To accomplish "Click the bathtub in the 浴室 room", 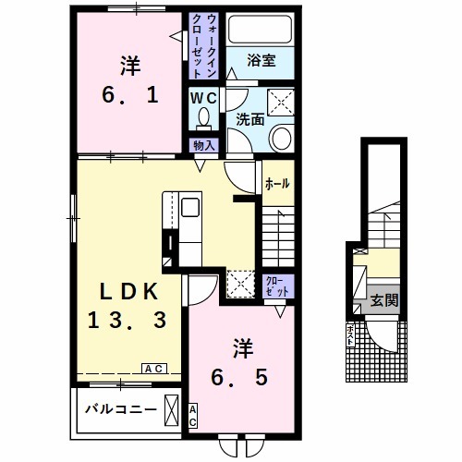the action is [x=261, y=30].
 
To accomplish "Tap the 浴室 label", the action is [x=261, y=60].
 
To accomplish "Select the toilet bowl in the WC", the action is [x=203, y=119].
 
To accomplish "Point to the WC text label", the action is [x=203, y=98].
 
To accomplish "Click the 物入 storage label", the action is [x=203, y=145].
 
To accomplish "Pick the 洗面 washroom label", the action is [x=249, y=119].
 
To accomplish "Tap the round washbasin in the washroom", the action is [x=280, y=139].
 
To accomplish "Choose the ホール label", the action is [x=277, y=184].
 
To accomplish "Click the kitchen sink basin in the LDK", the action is [x=190, y=207].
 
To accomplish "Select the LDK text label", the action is [x=128, y=292].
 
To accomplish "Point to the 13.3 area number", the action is [x=128, y=320].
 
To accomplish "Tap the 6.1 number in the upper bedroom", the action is [x=130, y=95].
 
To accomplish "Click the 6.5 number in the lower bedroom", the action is [x=239, y=378].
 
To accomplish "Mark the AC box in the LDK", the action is [x=154, y=369].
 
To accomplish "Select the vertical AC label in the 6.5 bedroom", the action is [x=193, y=416].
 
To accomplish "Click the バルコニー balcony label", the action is [x=121, y=409].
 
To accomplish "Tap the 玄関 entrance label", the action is [x=384, y=300].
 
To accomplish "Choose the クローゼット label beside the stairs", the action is [x=277, y=286].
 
